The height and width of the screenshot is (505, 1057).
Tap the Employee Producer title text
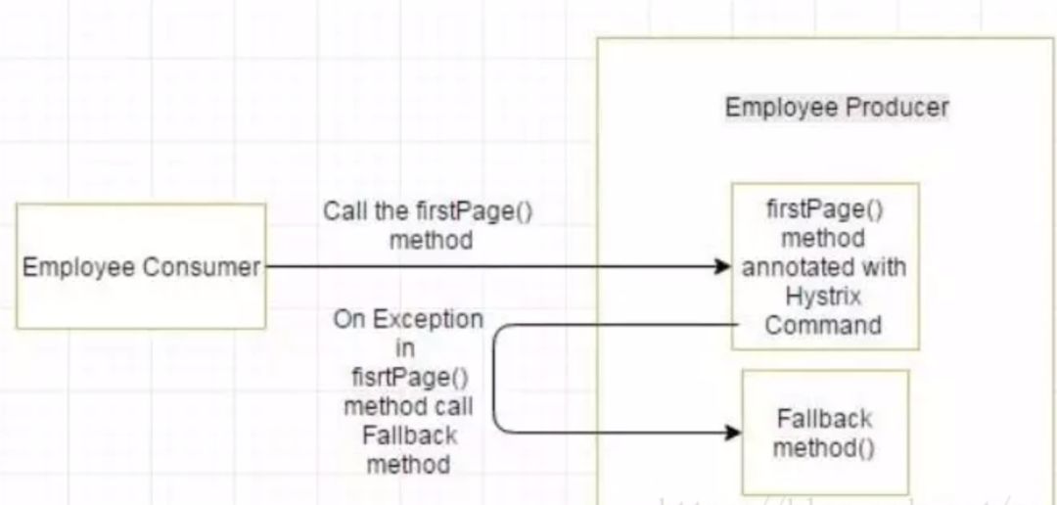(x=836, y=107)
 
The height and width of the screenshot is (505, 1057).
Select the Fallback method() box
(x=825, y=432)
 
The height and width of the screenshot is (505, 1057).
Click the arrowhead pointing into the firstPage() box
(x=723, y=266)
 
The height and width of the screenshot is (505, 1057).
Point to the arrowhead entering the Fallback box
(x=733, y=432)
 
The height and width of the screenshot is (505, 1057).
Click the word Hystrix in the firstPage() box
(x=824, y=296)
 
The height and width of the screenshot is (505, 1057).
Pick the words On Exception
(x=407, y=319)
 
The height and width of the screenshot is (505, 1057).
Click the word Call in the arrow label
(x=343, y=212)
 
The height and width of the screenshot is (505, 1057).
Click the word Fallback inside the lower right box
(x=824, y=418)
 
